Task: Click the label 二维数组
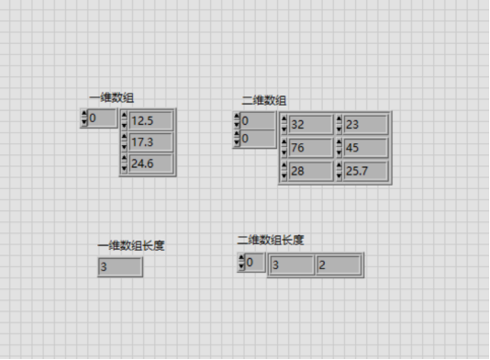(264, 101)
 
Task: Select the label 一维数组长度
(131, 245)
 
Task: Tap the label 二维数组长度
(271, 240)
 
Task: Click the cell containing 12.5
(151, 120)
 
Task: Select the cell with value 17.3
(151, 141)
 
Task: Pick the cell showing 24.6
(151, 163)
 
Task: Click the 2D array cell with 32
(309, 124)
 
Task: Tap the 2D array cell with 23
(365, 124)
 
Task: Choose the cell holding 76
(309, 148)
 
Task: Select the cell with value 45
(365, 148)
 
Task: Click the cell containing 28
(309, 171)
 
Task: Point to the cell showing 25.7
(365, 171)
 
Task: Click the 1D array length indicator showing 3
(120, 267)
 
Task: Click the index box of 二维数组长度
(255, 264)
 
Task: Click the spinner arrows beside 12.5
(125, 120)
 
